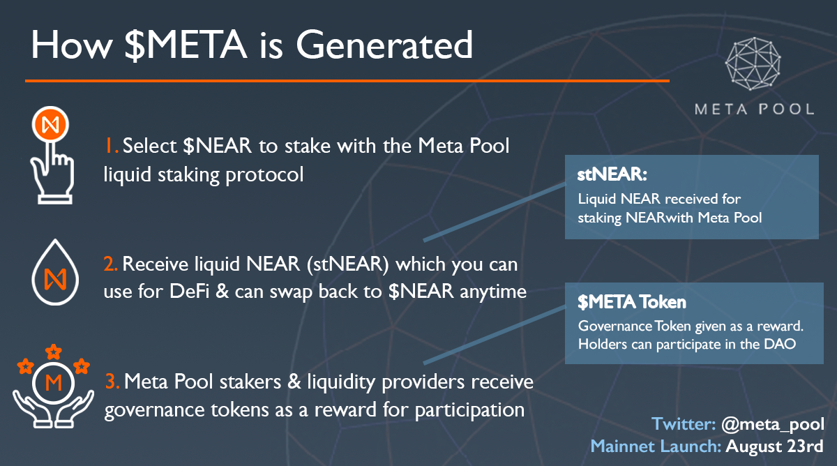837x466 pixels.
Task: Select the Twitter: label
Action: [x=681, y=424]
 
